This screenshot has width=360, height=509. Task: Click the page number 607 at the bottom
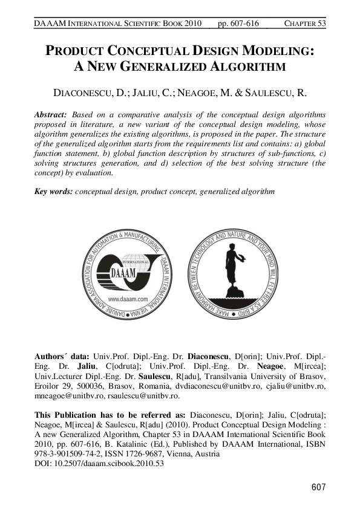coord(318,487)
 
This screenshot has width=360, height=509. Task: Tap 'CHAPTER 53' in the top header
coord(305,24)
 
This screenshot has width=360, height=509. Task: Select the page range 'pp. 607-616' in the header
coord(237,24)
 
